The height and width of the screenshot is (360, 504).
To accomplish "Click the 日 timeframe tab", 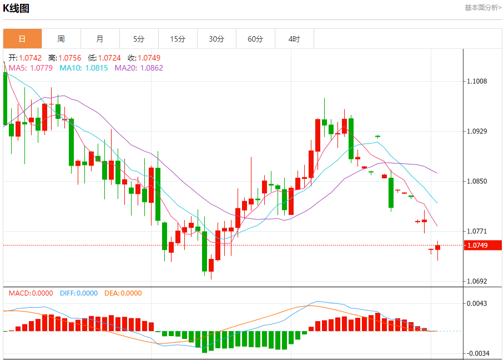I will (22, 39).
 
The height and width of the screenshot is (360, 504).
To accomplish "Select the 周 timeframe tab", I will (61, 39).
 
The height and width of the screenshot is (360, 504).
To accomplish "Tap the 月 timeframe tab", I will (100, 39).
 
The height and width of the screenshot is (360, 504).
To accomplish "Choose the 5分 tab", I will (139, 39).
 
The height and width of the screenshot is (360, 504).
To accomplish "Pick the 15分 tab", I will (178, 39).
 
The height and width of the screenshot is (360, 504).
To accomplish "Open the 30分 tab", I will (216, 39).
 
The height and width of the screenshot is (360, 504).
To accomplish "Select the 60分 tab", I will (255, 39).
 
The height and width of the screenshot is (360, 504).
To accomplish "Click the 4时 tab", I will (294, 39).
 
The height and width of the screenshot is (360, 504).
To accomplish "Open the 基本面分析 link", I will (482, 8).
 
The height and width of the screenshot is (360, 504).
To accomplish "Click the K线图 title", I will (17, 8).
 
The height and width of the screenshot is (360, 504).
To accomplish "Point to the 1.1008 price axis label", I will (477, 81).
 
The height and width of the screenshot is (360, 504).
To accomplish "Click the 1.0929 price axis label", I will (477, 131).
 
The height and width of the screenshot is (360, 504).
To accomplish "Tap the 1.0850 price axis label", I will (477, 181).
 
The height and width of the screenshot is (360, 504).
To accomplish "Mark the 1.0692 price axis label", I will (477, 281).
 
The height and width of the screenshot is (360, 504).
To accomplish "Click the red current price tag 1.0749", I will (483, 245).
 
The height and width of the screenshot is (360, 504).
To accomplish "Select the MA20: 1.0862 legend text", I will (139, 68).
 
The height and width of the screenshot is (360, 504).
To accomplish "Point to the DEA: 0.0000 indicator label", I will (123, 293).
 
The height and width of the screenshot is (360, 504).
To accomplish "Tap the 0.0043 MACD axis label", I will (477, 303).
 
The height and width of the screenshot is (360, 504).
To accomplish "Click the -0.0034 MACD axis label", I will (477, 353).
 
